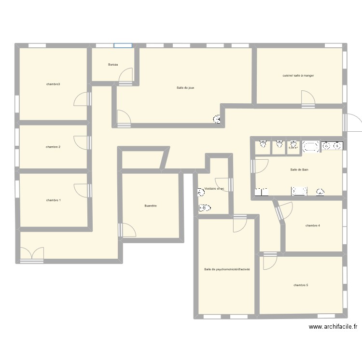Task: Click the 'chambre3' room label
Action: click(53, 84)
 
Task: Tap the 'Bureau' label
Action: click(113, 64)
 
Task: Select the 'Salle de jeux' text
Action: click(185, 87)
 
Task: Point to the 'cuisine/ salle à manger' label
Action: click(298, 75)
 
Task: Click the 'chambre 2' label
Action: click(53, 147)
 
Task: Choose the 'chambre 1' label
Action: click(54, 200)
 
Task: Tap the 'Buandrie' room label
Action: click(151, 206)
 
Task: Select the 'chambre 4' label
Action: click(313, 225)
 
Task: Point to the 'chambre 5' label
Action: click(301, 285)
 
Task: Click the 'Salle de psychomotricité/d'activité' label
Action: click(227, 269)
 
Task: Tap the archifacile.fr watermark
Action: click(333, 327)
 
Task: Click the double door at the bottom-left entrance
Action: click(32, 254)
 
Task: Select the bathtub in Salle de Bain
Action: click(311, 147)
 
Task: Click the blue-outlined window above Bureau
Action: click(123, 46)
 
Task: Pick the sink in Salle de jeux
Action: click(217, 119)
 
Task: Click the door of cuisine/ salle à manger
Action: click(307, 99)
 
